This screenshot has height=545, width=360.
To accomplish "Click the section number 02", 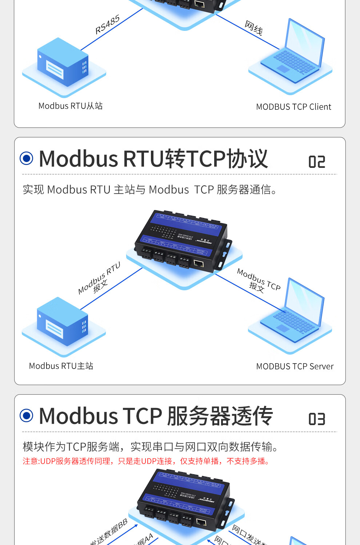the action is pos(316,162).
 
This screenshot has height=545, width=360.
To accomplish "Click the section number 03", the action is pos(316,419).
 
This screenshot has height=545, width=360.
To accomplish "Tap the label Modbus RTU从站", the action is pos(71,106).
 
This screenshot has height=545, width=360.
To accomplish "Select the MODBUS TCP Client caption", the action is pos(293,107).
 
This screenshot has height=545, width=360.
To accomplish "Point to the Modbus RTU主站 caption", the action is pos(61,366).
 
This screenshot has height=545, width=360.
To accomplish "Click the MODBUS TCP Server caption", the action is pos(295,366).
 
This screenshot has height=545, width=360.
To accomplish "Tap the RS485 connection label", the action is pos(107,25).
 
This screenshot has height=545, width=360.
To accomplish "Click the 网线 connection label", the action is pos(253,28).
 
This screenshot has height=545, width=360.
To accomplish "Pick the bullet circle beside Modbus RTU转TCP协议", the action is pos(27,158).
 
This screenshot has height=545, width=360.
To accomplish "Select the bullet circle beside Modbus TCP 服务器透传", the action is pos(27,415).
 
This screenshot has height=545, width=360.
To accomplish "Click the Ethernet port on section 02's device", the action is pos(199,263).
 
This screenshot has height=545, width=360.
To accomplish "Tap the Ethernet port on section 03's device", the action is pos(201,522).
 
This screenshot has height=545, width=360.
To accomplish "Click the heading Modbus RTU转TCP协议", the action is pos(153,159).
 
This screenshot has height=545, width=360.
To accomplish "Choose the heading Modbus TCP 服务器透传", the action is pos(156,416).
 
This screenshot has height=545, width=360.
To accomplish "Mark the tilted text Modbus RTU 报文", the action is pos(99,279).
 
